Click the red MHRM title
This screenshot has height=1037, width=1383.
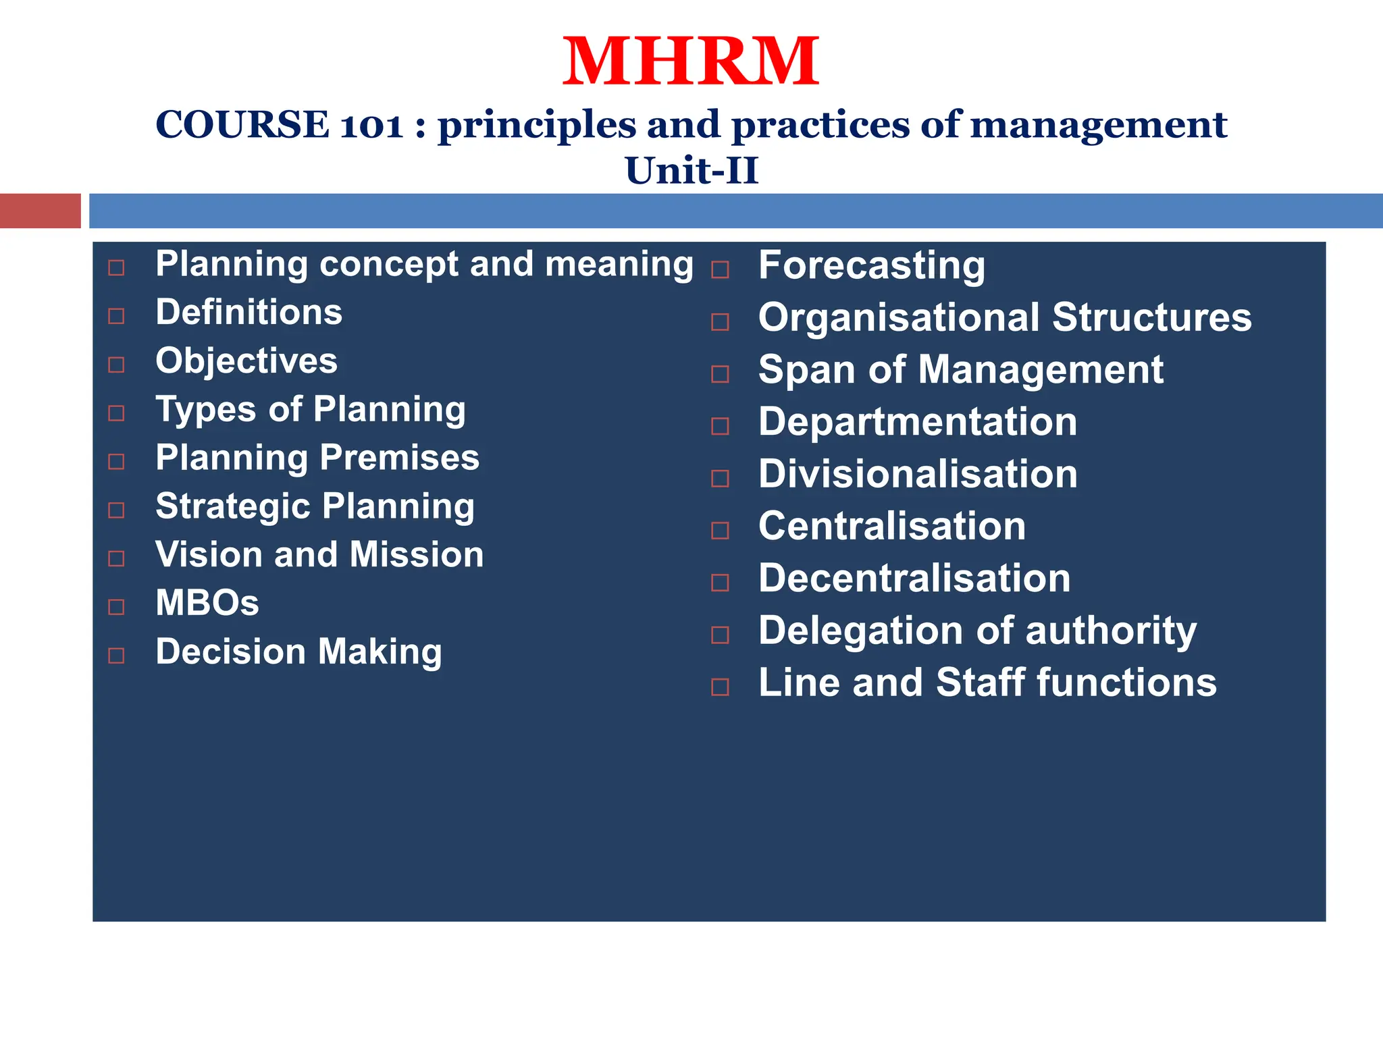(x=691, y=62)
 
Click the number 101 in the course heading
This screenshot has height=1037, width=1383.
(x=371, y=126)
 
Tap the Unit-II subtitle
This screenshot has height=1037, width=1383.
(x=691, y=170)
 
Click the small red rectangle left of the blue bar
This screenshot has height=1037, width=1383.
(x=40, y=211)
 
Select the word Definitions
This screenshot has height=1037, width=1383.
(x=249, y=313)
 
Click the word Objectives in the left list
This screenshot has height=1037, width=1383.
(x=246, y=361)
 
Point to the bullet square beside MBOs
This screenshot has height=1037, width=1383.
(x=116, y=607)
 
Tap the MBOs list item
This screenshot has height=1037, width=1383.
(x=207, y=603)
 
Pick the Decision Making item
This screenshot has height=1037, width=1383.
(x=298, y=652)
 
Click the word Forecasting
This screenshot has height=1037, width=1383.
(x=871, y=265)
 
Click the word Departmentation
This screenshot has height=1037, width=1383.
(x=917, y=422)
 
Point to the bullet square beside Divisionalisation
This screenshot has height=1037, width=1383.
(x=721, y=479)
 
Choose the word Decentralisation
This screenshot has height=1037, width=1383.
(x=914, y=579)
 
